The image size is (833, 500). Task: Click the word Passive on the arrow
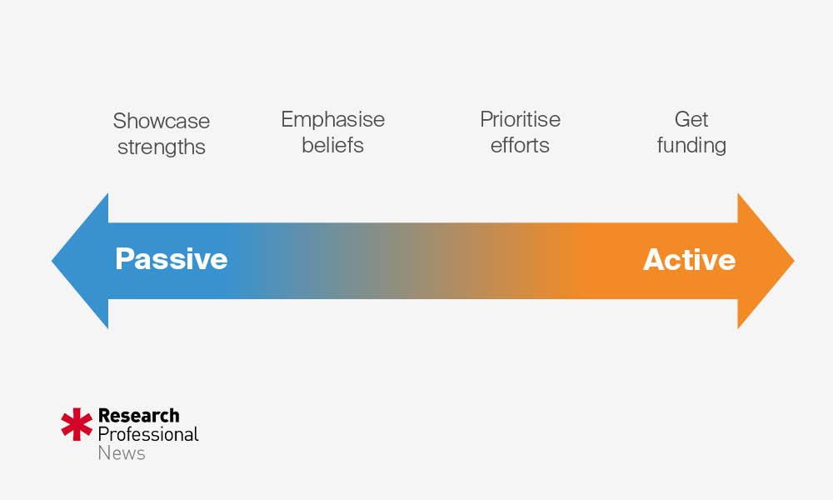click(x=171, y=259)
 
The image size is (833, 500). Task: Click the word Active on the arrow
click(x=689, y=259)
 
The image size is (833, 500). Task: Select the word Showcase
click(x=161, y=122)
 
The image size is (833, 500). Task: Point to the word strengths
click(x=161, y=147)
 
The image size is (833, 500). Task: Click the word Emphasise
click(x=332, y=120)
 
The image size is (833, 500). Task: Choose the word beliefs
click(x=332, y=145)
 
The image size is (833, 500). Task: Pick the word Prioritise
click(x=520, y=120)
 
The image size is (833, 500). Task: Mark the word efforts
click(x=520, y=145)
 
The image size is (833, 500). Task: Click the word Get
click(x=691, y=120)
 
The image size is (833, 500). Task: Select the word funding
click(x=691, y=146)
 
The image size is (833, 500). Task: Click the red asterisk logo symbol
click(x=77, y=424)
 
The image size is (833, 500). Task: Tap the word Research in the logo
click(x=138, y=415)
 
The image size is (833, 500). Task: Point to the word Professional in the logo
click(x=148, y=434)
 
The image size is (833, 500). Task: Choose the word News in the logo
click(x=122, y=453)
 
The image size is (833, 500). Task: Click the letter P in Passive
click(x=124, y=259)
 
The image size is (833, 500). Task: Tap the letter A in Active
click(x=654, y=259)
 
